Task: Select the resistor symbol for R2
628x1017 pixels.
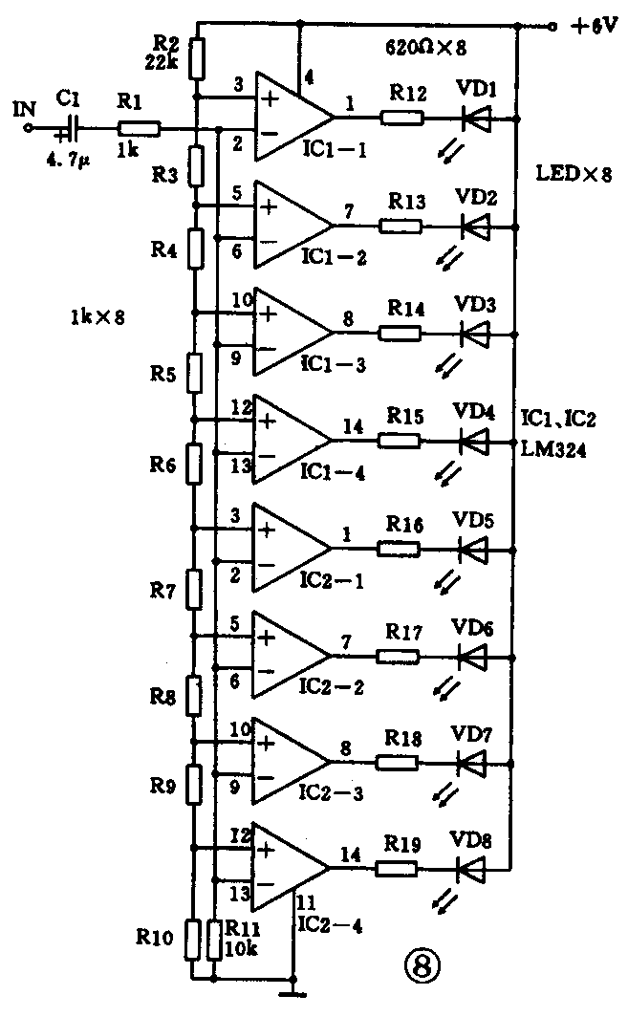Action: (197, 57)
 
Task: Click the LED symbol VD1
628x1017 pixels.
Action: (475, 119)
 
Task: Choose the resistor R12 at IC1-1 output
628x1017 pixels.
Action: (401, 119)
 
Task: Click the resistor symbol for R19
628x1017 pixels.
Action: (396, 869)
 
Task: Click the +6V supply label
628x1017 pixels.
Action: (593, 28)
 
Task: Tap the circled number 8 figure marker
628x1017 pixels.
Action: (422, 966)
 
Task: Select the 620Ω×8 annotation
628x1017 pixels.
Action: (424, 47)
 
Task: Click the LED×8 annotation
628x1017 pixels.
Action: (574, 175)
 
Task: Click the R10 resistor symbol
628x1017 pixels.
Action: (193, 940)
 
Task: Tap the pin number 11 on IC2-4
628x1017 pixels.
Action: (306, 901)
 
